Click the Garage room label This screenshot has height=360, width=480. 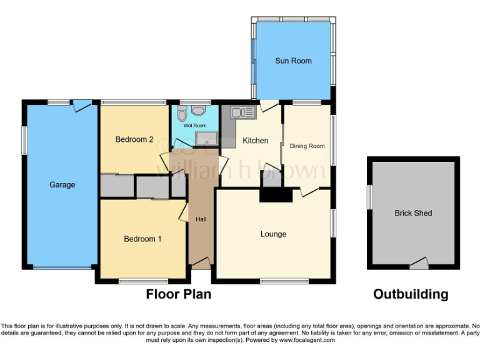pyautogui.click(x=62, y=184)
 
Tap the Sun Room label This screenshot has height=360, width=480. pyautogui.click(x=293, y=61)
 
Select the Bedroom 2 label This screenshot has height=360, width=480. pyautogui.click(x=134, y=139)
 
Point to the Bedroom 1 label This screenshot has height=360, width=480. pyautogui.click(x=142, y=239)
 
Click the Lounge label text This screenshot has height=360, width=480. pyautogui.click(x=273, y=234)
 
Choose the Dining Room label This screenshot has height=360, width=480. pyautogui.click(x=307, y=146)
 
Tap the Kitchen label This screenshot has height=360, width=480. pyautogui.click(x=255, y=141)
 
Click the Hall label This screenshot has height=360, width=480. pyautogui.click(x=201, y=219)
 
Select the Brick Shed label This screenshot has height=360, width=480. pyautogui.click(x=413, y=213)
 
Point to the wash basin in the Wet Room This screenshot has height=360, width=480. pyautogui.click(x=198, y=111)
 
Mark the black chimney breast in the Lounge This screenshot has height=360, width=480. pyautogui.click(x=276, y=196)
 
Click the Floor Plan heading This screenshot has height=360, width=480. pyautogui.click(x=178, y=294)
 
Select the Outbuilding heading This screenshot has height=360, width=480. pyautogui.click(x=411, y=294)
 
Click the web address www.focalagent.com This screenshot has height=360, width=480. pyautogui.click(x=307, y=341)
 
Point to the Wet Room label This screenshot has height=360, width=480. pyautogui.click(x=194, y=126)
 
